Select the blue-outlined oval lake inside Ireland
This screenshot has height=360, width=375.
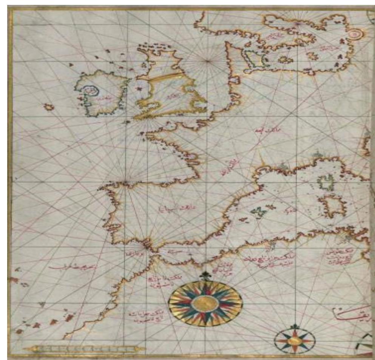(x=91, y=91)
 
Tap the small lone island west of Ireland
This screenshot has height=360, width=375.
(x=48, y=107)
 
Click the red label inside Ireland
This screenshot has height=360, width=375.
(x=102, y=99)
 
